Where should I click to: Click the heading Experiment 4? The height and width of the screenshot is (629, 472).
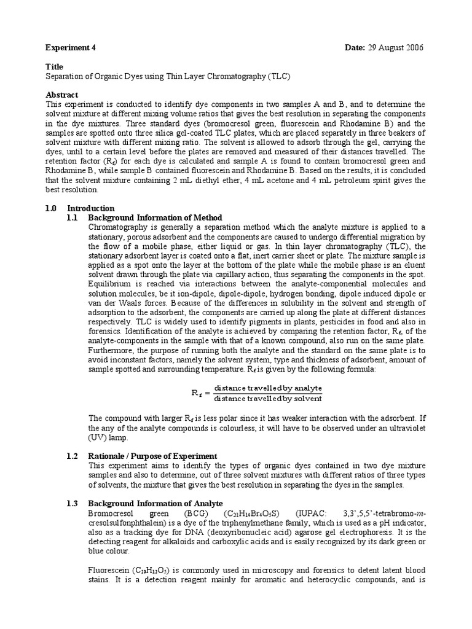(71, 47)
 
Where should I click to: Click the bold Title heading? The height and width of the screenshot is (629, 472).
(55, 66)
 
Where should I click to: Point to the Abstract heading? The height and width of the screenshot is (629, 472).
(62, 95)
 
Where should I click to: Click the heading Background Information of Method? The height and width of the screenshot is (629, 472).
(155, 217)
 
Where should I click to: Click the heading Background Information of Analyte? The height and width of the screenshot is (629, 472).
(155, 503)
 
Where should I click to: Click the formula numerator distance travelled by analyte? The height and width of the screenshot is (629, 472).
(272, 388)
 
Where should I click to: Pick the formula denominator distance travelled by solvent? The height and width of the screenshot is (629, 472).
(272, 398)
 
